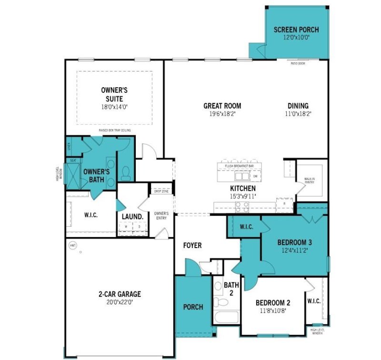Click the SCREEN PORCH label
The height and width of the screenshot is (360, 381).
point(296,30)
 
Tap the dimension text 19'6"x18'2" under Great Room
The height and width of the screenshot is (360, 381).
point(222,114)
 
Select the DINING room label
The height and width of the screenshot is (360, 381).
point(298,106)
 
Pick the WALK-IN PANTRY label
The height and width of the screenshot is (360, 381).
point(310,180)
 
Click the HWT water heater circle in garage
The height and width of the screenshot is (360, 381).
point(73,246)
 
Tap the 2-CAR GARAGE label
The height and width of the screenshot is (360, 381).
point(116,294)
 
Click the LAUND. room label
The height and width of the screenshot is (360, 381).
point(132,216)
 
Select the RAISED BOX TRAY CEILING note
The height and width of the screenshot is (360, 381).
point(115,130)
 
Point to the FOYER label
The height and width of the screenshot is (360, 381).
point(193,246)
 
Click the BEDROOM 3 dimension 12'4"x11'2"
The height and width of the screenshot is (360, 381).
point(294,250)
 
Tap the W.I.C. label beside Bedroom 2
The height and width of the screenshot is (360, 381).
point(314,301)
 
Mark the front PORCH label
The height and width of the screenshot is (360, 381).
point(193,307)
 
